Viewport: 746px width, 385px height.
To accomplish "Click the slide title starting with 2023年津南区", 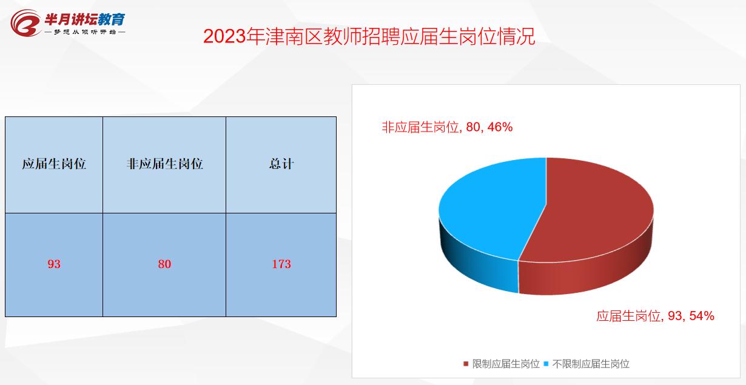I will point(369,36).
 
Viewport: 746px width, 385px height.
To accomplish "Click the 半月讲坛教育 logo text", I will point(84,18).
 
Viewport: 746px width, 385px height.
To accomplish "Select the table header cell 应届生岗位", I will point(54,164).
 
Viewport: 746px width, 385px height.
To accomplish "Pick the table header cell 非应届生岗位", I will point(164,164).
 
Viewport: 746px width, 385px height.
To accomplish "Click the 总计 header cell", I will point(281,164).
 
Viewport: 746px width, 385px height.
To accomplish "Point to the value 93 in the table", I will point(54,264).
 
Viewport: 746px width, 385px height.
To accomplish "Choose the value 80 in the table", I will point(164,264).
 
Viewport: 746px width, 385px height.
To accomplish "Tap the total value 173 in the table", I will point(281,264).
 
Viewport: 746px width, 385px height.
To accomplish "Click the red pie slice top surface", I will point(594,209).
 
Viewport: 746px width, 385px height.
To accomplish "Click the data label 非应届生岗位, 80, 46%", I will point(447,127).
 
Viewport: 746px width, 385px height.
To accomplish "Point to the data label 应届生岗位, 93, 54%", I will point(655,316).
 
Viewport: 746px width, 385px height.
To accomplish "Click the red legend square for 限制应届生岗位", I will point(466,364).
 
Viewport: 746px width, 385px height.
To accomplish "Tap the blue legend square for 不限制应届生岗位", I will point(546,364).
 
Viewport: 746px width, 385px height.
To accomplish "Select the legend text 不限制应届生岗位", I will point(591,364).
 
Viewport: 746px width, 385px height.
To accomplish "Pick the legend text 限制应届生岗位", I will point(506,364).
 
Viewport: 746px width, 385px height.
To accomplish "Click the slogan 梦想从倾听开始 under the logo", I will point(84,32).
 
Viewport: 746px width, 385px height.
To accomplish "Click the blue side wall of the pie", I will point(479,267).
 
